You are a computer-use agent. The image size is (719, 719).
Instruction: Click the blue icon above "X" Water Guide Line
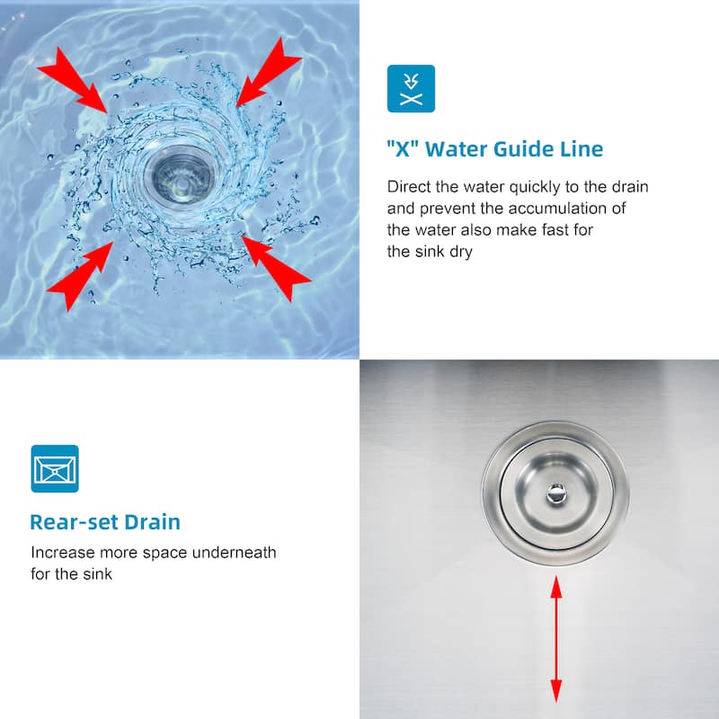click(x=411, y=88)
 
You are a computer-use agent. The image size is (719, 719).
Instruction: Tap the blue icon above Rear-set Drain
click(x=55, y=468)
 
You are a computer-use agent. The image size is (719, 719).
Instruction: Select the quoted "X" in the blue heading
click(x=403, y=149)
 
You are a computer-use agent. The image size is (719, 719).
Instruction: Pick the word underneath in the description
click(x=234, y=553)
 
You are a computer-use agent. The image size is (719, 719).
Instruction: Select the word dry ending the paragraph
click(x=461, y=252)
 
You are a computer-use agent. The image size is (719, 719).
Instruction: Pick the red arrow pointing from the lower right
click(x=276, y=269)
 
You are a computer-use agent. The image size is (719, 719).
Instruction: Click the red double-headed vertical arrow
click(x=556, y=639)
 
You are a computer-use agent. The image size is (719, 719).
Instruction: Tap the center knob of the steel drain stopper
click(x=556, y=493)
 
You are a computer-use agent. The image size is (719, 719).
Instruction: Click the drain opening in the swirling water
click(x=179, y=174)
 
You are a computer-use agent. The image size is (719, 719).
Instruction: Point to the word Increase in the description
click(x=63, y=553)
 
